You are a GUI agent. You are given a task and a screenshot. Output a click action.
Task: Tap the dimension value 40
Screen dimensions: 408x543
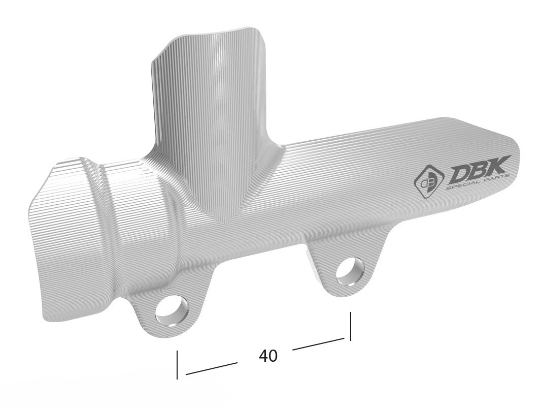point(268,356)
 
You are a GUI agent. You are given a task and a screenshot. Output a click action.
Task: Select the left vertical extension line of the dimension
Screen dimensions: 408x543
point(177,364)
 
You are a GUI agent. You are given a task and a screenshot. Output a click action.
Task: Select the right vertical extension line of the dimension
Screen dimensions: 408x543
point(350,326)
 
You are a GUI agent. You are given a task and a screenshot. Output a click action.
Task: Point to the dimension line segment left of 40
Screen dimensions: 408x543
point(211,369)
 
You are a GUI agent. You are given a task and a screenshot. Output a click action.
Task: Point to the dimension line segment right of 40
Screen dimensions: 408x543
point(319,344)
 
